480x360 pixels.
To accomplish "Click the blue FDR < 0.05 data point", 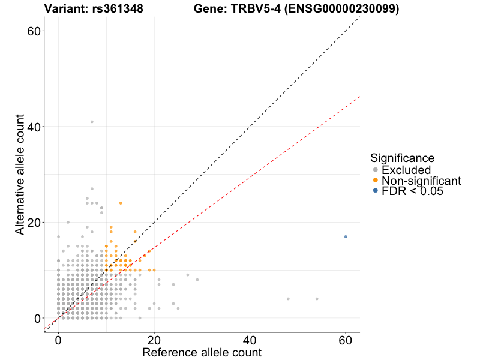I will (x=346, y=236).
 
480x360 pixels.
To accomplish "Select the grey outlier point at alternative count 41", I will (x=92, y=122).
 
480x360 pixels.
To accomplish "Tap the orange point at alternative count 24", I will (x=121, y=203).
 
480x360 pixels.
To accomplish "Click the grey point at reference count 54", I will (x=317, y=299).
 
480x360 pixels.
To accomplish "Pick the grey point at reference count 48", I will (x=288, y=299).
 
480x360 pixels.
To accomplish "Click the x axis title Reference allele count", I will (x=202, y=352).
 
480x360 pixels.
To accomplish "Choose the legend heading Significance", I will (x=402, y=158).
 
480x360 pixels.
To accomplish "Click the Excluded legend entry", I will (x=406, y=170).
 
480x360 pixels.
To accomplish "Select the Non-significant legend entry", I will (x=421, y=181).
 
